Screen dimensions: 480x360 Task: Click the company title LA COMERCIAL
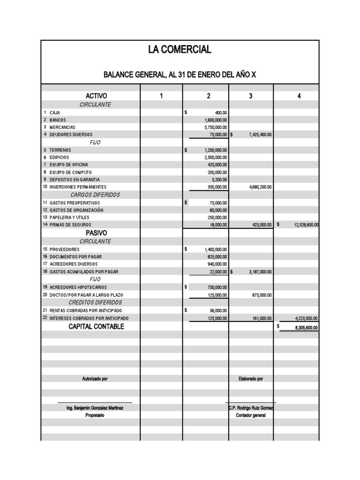click(x=180, y=50)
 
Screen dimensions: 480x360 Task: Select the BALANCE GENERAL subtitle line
click(x=180, y=75)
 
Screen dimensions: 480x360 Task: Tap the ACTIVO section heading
click(x=96, y=96)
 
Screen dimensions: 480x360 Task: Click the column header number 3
click(x=251, y=96)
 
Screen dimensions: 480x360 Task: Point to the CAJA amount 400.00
click(x=221, y=113)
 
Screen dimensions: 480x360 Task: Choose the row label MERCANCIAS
click(x=62, y=127)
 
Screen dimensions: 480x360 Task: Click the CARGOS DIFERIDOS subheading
click(x=95, y=195)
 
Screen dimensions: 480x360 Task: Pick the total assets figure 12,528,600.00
click(x=306, y=225)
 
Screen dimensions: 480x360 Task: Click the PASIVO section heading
click(x=96, y=233)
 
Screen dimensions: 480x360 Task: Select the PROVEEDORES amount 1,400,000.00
click(x=216, y=249)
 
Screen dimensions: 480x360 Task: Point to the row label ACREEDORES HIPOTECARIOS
click(x=78, y=287)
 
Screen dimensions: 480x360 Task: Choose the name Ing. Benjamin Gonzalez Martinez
click(x=95, y=408)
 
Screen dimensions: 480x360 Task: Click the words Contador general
click(x=251, y=415)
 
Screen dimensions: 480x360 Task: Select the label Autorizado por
click(x=95, y=378)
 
